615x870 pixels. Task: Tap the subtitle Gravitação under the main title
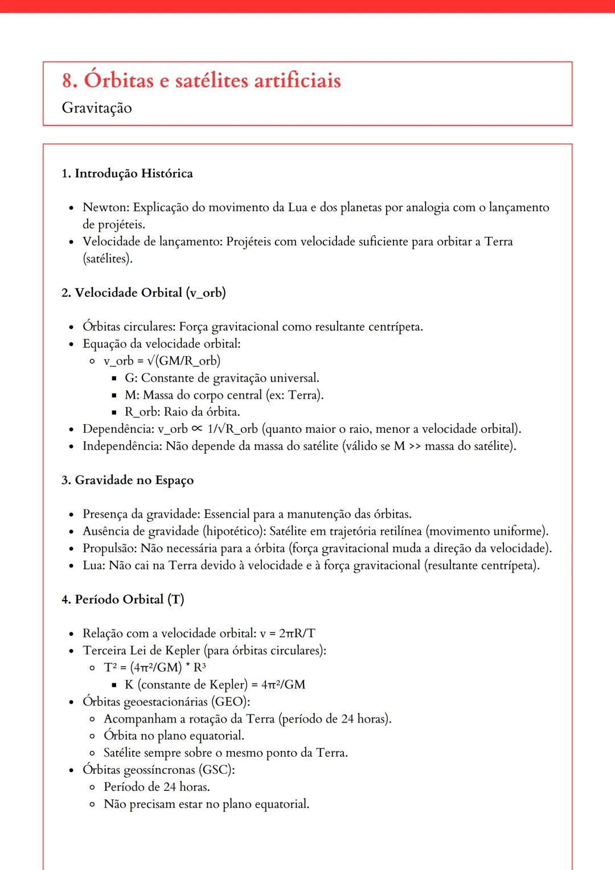coord(97,108)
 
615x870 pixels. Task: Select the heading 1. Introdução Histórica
coord(127,173)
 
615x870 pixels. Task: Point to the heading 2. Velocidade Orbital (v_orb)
coord(143,293)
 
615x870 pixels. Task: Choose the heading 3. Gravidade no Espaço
coord(128,480)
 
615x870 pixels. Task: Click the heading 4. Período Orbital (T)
coord(123,600)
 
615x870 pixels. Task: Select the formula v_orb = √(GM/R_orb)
coord(162,361)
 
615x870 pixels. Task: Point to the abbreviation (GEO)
coord(231,701)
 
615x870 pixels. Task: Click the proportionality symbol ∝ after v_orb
coord(197,429)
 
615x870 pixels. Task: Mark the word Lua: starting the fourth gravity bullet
coord(94,565)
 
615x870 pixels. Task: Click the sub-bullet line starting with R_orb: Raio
coord(182,412)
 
